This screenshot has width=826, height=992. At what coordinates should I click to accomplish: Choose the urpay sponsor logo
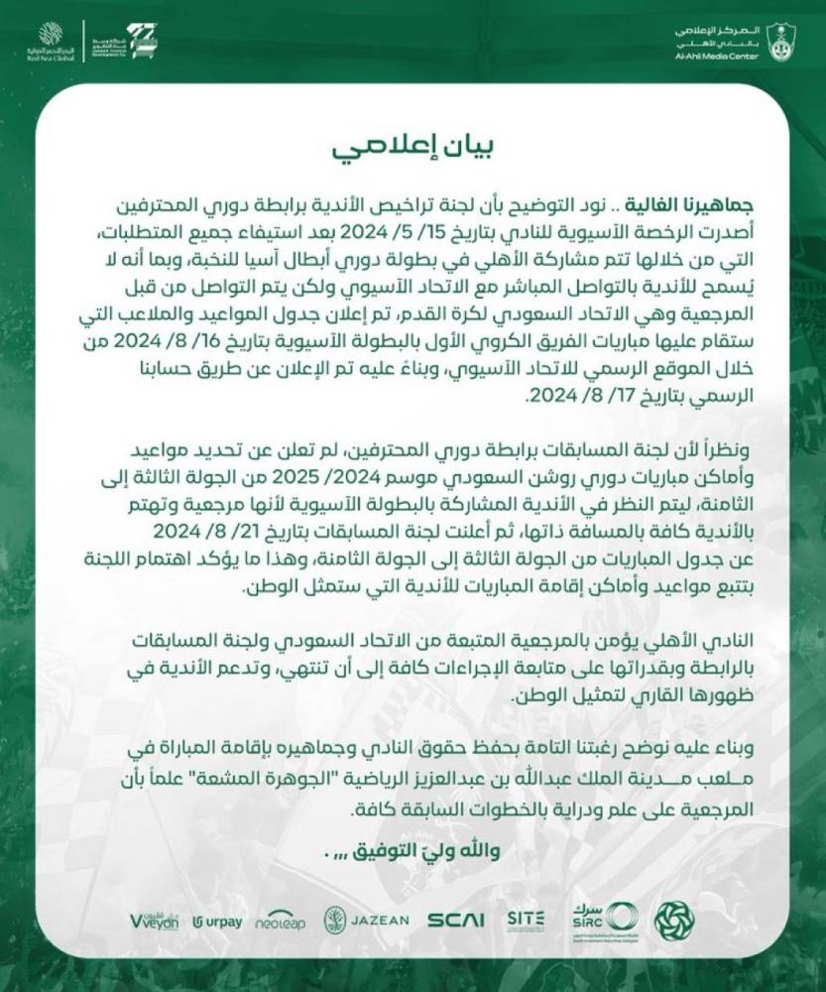[216, 921]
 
